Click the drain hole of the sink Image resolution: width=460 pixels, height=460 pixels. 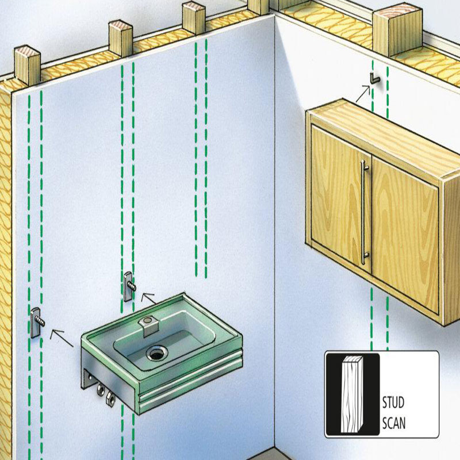pyautogui.click(x=156, y=352)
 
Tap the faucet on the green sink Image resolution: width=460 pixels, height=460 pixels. pyautogui.click(x=149, y=325)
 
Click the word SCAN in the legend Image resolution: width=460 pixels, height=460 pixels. pyautogui.click(x=394, y=423)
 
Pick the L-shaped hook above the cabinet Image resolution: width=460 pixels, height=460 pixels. pyautogui.click(x=375, y=78)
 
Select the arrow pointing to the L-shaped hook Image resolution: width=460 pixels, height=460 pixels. pyautogui.click(x=363, y=94)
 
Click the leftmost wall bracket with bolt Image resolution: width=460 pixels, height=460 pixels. pyautogui.click(x=37, y=323)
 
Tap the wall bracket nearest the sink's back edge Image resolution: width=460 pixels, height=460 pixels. pyautogui.click(x=129, y=286)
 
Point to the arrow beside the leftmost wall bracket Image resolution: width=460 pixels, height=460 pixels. pyautogui.click(x=62, y=338)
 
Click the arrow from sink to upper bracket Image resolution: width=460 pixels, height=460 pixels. pyautogui.click(x=148, y=298)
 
